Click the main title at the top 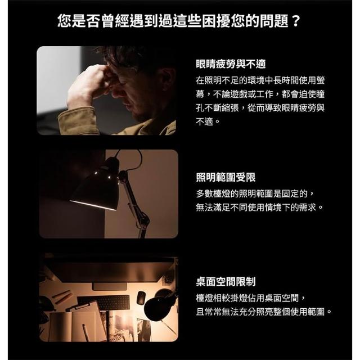[x=179, y=21]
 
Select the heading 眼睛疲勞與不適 [x=231, y=64]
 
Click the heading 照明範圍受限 [x=226, y=177]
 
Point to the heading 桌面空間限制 [x=226, y=281]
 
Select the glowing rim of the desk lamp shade [x=93, y=205]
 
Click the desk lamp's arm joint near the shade [x=121, y=175]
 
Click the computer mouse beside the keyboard [x=141, y=298]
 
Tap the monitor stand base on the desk [x=110, y=286]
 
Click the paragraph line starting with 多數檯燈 [x=255, y=193]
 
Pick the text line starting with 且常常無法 [x=264, y=312]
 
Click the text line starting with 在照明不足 [x=260, y=80]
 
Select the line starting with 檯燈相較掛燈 [x=251, y=298]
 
